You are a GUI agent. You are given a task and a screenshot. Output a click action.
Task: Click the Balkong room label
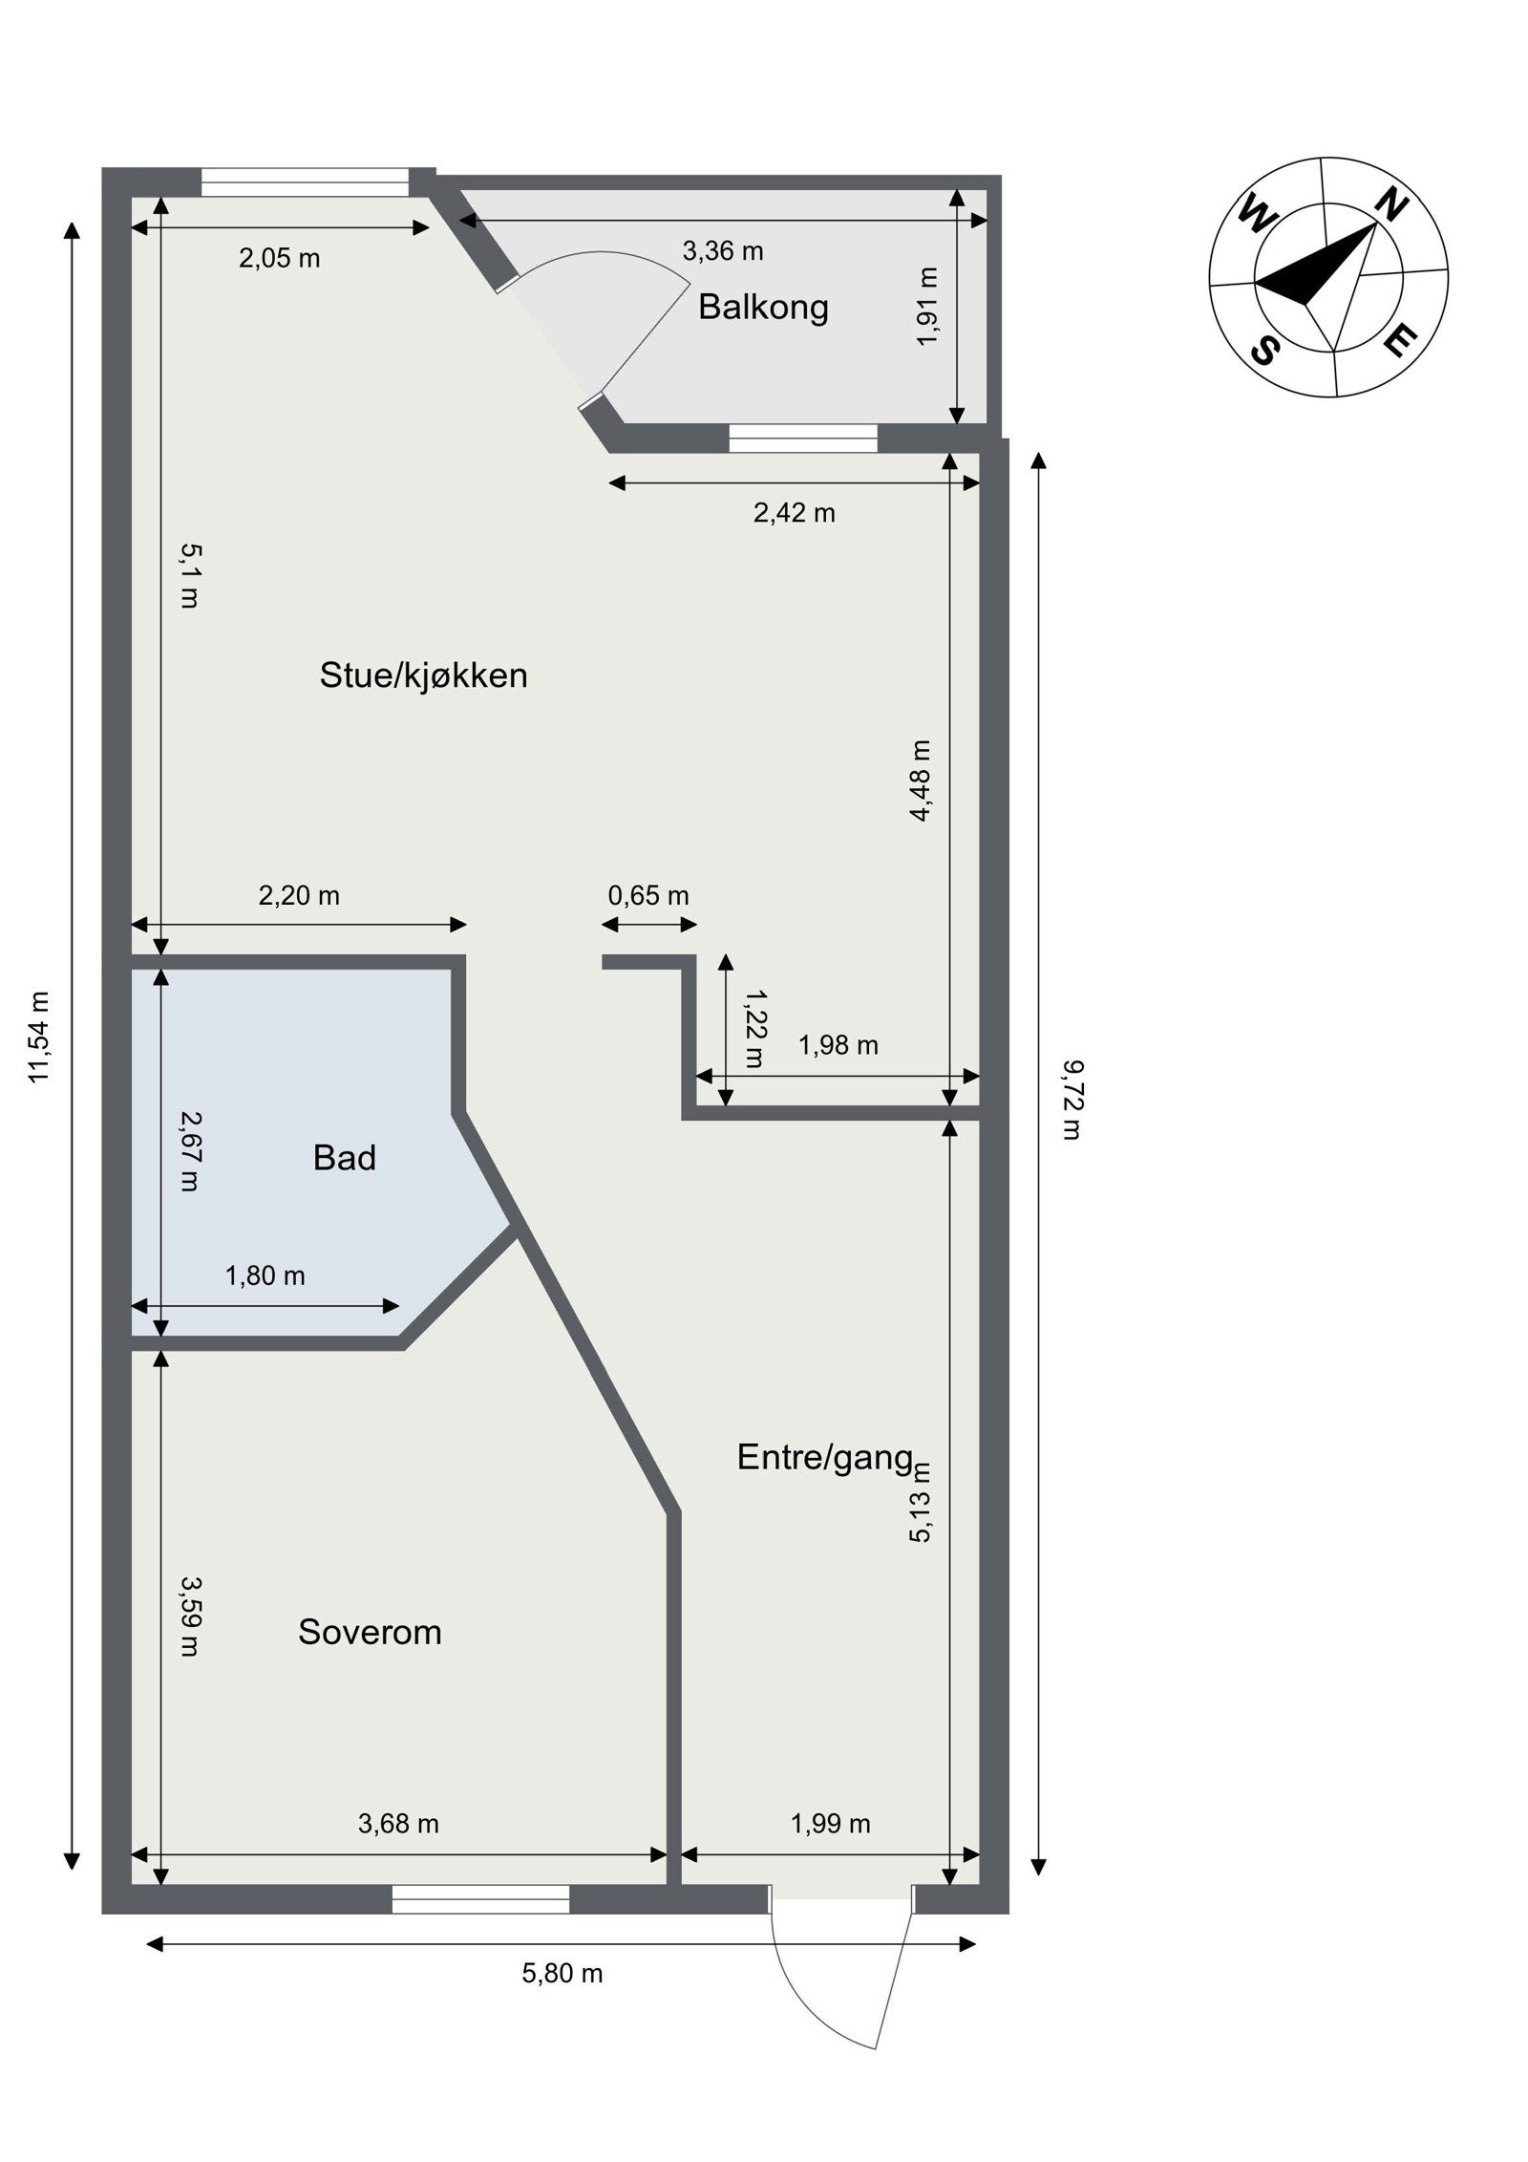pos(763,307)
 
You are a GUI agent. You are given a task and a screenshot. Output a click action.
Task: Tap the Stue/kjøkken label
pos(423,675)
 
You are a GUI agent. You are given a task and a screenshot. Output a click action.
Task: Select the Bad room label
pos(345,1158)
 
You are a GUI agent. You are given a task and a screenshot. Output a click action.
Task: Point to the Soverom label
pos(370,1631)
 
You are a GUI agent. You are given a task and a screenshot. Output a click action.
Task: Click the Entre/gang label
pos(825,1457)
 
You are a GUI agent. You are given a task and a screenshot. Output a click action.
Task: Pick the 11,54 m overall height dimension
pos(39,1036)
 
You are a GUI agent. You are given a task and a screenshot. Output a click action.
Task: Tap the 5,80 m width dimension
pos(562,1972)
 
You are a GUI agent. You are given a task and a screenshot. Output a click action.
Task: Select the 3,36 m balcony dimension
pos(723,250)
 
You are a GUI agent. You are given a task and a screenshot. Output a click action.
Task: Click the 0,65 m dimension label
pos(648,895)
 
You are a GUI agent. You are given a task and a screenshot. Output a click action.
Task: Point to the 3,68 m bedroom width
pos(398,1824)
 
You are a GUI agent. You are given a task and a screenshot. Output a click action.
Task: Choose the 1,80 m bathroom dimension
pos(265,1275)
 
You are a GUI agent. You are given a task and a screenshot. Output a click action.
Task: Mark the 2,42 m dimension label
pos(795,513)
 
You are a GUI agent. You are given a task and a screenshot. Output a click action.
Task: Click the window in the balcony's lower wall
pos(803,439)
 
